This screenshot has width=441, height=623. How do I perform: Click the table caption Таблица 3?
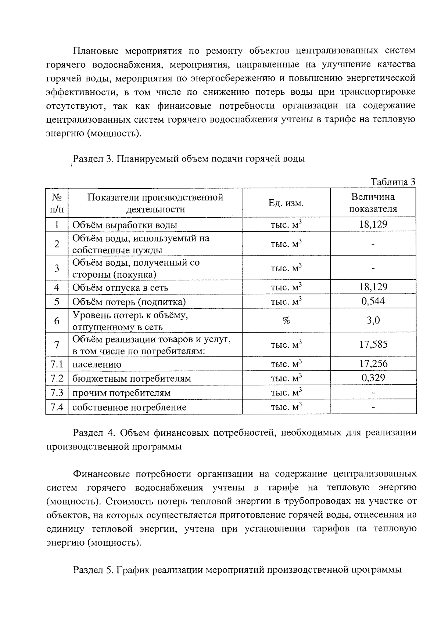pyautogui.click(x=393, y=182)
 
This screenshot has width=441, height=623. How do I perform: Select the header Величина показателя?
pyautogui.click(x=373, y=203)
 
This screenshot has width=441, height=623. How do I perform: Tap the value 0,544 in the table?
pyautogui.click(x=373, y=301)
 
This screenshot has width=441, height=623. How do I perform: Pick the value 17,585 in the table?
pyautogui.click(x=373, y=344)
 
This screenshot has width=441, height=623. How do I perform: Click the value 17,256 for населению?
pyautogui.click(x=373, y=364)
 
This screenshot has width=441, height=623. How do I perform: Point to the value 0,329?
pyautogui.click(x=373, y=378)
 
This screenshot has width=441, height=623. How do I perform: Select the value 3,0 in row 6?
pyautogui.click(x=373, y=320)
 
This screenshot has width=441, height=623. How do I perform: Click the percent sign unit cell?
pyautogui.click(x=286, y=321)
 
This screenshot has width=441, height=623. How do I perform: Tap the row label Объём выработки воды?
pyautogui.click(x=125, y=225)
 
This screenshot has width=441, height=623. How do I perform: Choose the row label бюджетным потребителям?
pyautogui.click(x=132, y=378)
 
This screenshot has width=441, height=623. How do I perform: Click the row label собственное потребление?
pyautogui.click(x=129, y=407)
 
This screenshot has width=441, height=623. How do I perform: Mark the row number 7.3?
pyautogui.click(x=57, y=393)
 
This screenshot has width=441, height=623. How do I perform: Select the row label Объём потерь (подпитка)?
pyautogui.click(x=129, y=302)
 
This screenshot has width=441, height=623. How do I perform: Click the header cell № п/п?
pyautogui.click(x=57, y=203)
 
